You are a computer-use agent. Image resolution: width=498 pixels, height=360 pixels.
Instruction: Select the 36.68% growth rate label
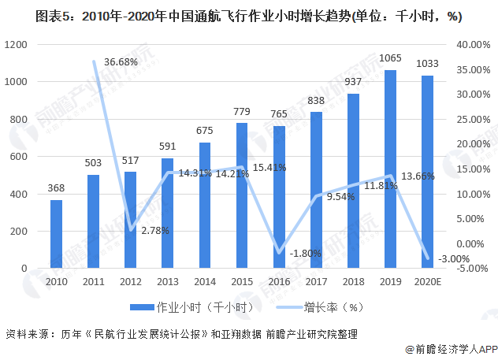tap(121, 61)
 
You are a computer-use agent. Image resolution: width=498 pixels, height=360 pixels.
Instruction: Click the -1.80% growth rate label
tap(304, 253)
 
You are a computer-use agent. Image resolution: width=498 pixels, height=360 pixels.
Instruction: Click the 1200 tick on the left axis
tap(16, 45)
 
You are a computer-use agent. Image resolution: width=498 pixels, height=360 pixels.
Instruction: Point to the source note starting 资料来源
tap(181, 333)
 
